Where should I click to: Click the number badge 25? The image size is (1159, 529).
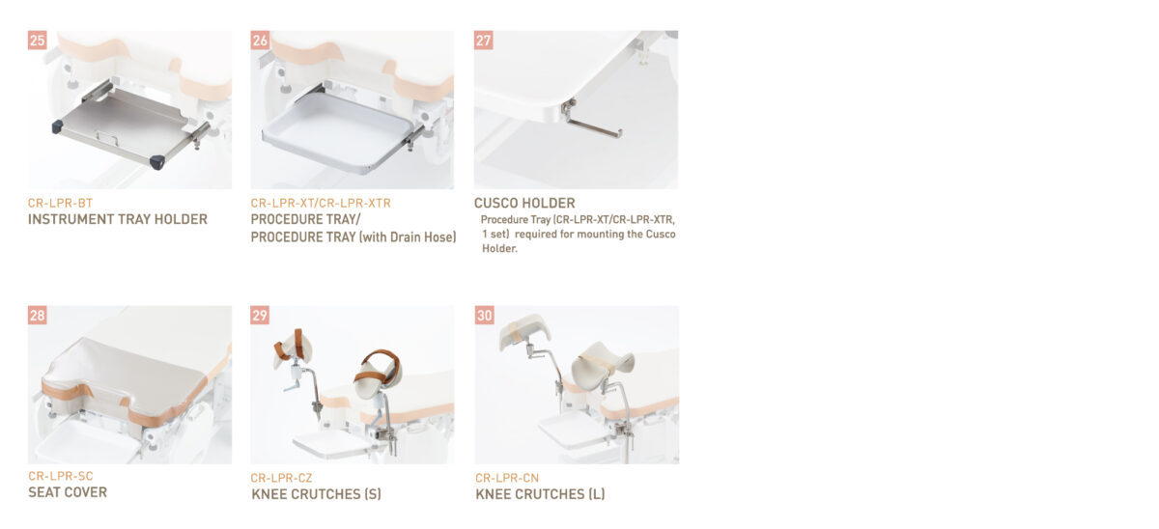(x=38, y=41)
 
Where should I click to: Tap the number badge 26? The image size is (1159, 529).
(x=260, y=41)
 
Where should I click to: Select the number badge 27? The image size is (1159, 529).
(x=483, y=41)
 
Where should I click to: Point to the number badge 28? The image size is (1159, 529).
(x=38, y=315)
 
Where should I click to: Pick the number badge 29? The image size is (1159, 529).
(x=260, y=315)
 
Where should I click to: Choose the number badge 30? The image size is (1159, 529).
(x=484, y=315)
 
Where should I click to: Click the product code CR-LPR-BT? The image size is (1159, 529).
(x=60, y=204)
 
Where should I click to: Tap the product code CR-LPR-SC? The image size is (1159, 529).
(x=61, y=476)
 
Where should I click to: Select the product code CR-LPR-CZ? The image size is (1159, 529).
(x=281, y=478)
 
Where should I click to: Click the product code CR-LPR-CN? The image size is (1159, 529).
(x=507, y=478)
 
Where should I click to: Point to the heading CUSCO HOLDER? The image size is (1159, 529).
(x=524, y=203)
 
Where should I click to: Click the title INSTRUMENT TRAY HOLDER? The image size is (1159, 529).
(x=118, y=219)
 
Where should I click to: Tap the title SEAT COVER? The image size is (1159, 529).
(x=68, y=492)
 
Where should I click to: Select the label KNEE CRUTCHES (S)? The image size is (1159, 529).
(x=316, y=494)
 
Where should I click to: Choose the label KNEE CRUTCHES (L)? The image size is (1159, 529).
(x=540, y=494)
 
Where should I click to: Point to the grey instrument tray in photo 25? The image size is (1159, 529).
(x=126, y=126)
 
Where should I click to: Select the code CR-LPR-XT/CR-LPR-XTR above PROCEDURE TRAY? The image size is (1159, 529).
(x=321, y=204)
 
